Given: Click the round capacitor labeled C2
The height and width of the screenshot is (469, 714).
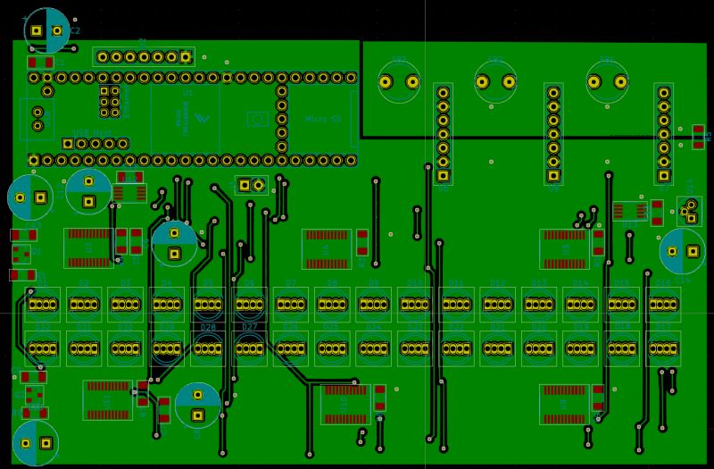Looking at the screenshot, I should click(46, 31).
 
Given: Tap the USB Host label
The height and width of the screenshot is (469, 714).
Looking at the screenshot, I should click(87, 132).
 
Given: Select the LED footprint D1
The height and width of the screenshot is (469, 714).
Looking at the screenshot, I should click(42, 305).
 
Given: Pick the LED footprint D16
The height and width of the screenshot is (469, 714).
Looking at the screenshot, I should click(663, 305).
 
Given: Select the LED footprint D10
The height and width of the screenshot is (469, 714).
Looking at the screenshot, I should click(415, 305).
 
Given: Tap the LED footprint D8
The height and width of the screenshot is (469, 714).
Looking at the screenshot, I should click(332, 305).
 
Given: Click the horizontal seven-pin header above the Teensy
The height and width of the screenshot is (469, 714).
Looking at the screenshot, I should click(144, 57).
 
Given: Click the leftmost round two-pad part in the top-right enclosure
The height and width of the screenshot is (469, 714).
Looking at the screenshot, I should click(399, 82).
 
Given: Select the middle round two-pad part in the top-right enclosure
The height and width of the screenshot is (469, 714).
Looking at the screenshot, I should click(495, 82).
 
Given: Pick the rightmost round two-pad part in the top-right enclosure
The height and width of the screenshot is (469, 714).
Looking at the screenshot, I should click(607, 82).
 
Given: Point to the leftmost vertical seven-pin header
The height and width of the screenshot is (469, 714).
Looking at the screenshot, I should click(443, 133).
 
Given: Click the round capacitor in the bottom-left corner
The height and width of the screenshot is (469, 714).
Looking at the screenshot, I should click(36, 443).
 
